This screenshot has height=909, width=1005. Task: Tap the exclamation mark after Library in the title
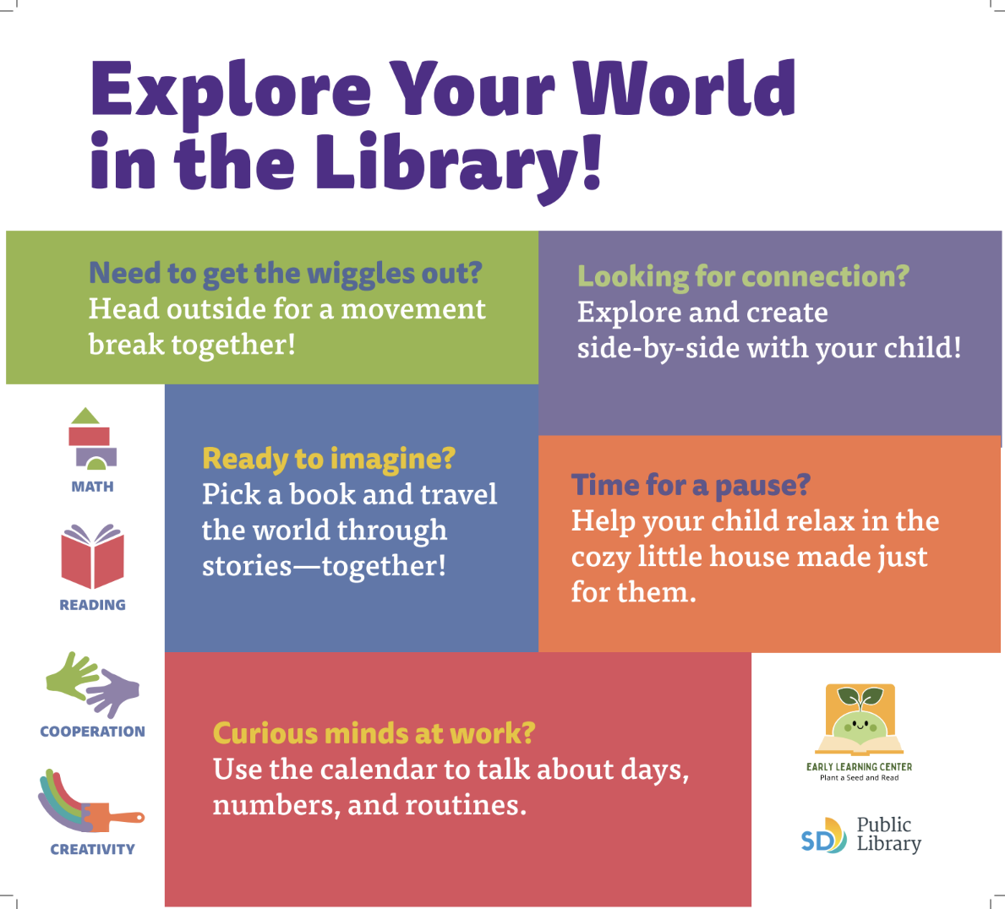pos(592,161)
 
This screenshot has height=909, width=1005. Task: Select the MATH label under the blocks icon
pos(92,487)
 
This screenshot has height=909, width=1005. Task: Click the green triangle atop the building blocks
pos(85,416)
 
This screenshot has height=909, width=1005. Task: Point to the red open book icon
pos(92,556)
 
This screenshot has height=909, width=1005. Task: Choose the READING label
pos(92,605)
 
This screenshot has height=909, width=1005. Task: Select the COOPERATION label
pos(92,732)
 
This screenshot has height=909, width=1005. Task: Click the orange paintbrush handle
pos(127,818)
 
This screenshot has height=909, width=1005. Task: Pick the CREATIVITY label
pos(92,849)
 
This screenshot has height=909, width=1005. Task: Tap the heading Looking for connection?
pos(744,277)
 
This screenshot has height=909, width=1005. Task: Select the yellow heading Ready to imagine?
pos(329,460)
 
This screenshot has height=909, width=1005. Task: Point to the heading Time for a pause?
pos(691,486)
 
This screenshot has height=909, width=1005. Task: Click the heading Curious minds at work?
pos(374,733)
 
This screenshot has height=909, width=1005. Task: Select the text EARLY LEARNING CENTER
pos(859,767)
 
